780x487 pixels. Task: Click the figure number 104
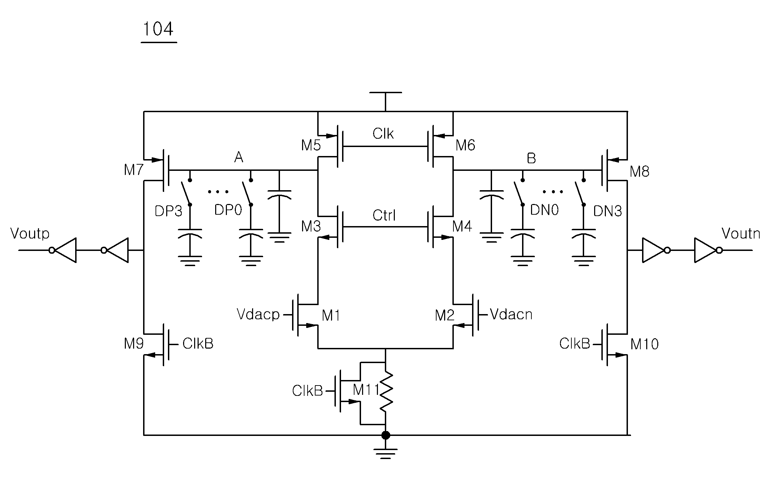(158, 29)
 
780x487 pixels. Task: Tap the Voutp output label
(30, 234)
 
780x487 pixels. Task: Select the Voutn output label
(741, 234)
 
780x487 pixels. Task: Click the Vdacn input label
(511, 314)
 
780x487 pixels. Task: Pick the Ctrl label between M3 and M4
(384, 216)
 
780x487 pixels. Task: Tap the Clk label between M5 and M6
(383, 134)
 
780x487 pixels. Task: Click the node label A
(239, 158)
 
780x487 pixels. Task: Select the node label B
(531, 158)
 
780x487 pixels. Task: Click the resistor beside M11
(386, 391)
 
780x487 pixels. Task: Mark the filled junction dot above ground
(386, 435)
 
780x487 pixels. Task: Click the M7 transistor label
(134, 170)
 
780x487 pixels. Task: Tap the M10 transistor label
(644, 344)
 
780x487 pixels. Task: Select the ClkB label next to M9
(198, 344)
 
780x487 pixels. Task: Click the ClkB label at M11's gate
(307, 391)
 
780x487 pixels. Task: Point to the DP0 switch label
(228, 210)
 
